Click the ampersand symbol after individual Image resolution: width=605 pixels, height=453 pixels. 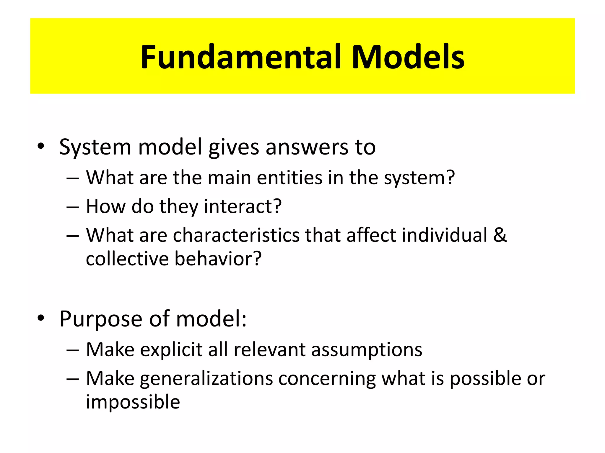(x=500, y=235)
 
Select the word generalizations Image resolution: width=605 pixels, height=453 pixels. (x=206, y=379)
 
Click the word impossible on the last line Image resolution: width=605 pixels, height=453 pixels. (x=133, y=402)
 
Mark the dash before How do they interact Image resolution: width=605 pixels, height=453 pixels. (x=73, y=207)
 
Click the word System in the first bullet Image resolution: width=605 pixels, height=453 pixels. (x=95, y=147)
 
